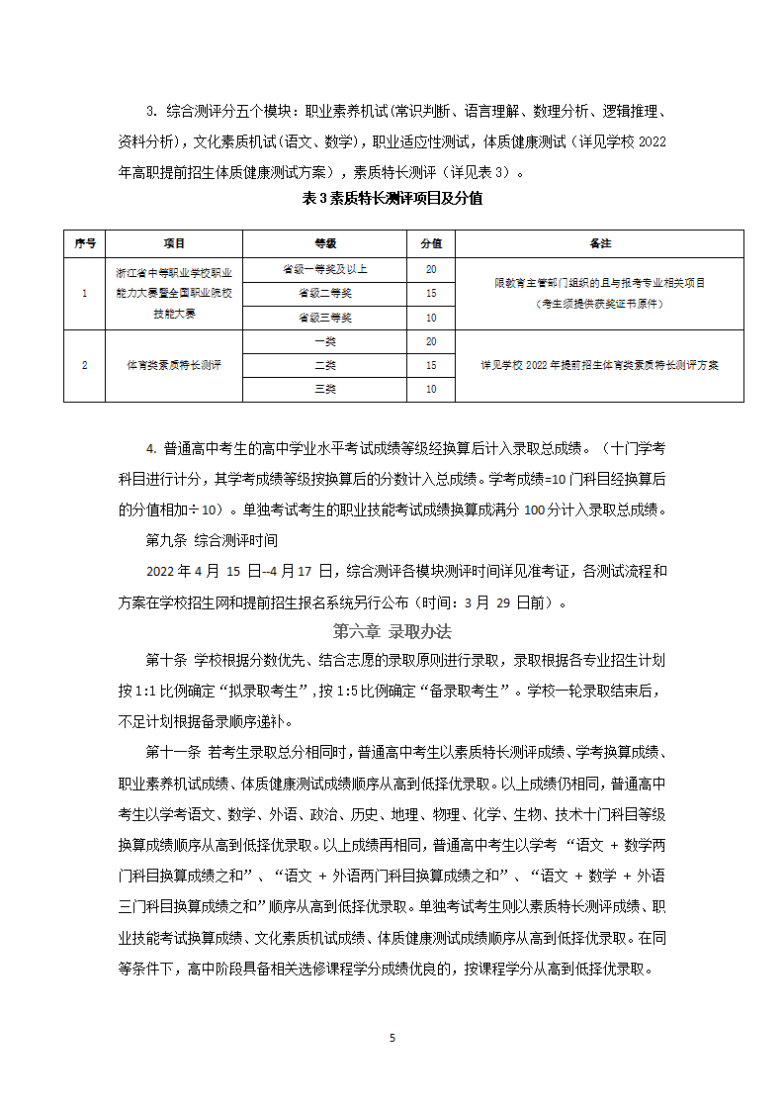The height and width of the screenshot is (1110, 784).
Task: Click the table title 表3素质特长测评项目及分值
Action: click(392, 198)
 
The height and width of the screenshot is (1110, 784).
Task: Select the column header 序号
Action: click(84, 243)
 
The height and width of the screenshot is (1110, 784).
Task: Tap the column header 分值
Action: click(431, 243)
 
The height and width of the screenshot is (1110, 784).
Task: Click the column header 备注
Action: click(599, 243)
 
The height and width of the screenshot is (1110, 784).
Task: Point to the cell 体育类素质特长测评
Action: click(174, 365)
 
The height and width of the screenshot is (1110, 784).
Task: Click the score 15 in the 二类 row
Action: click(431, 365)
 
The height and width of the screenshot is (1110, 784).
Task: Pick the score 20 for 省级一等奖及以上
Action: click(431, 269)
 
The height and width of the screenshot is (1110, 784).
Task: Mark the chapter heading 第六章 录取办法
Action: click(392, 631)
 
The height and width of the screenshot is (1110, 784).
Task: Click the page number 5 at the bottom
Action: click(392, 1038)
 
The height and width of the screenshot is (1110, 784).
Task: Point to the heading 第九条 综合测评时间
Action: click(212, 541)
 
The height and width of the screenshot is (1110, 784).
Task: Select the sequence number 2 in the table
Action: click(84, 365)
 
